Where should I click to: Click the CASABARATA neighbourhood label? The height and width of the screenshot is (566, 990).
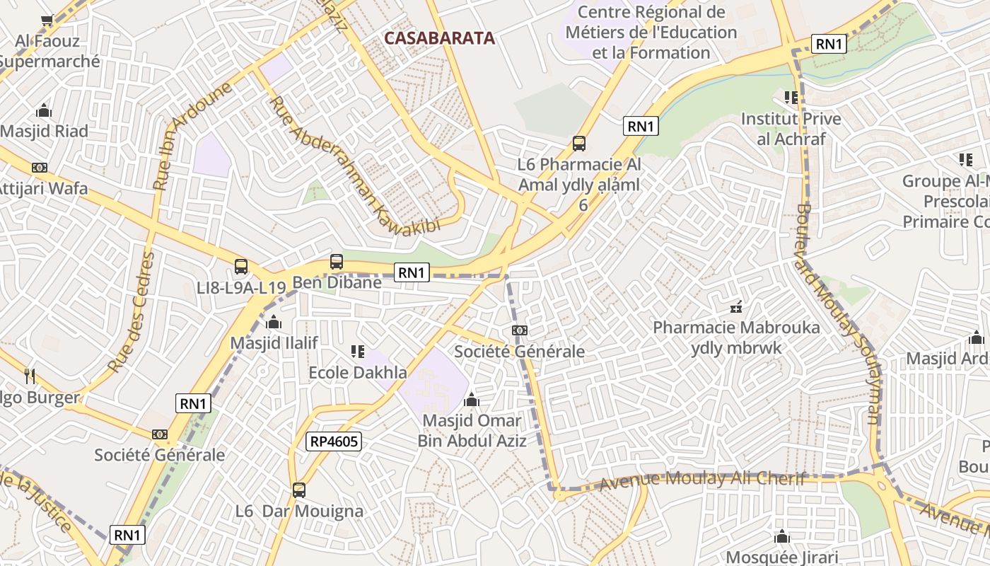click(439, 38)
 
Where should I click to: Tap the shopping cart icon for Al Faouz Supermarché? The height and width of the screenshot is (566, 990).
click(47, 21)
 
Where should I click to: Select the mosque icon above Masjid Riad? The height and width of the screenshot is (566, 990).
click(44, 110)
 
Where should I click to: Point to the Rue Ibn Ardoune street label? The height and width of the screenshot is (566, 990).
click(192, 137)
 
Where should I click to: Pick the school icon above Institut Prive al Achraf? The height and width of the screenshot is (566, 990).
click(791, 97)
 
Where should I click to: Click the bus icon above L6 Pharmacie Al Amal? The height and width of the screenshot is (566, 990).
click(579, 144)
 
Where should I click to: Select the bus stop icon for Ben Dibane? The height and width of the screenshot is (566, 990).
click(337, 262)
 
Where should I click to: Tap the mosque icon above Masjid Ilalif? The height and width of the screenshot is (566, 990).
click(274, 323)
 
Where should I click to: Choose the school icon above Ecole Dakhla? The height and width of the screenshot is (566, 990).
click(357, 352)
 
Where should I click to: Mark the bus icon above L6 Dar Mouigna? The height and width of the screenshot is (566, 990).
click(299, 490)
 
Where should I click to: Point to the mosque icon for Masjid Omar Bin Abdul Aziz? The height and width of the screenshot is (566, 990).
click(472, 400)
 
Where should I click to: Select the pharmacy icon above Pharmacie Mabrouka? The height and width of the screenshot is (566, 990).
click(736, 307)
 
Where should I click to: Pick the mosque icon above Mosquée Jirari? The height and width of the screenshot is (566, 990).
click(781, 536)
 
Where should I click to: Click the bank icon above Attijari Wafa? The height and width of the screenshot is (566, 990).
click(40, 168)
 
